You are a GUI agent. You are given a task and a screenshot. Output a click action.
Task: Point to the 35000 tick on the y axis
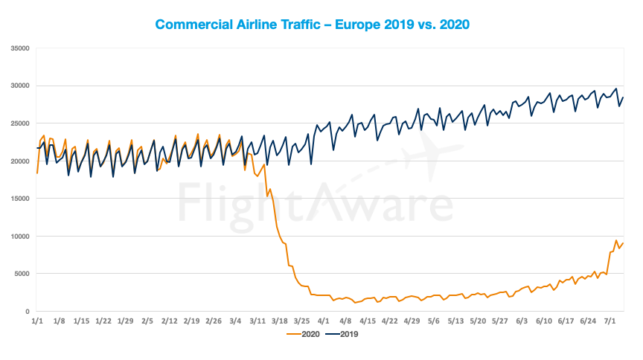point(20,48)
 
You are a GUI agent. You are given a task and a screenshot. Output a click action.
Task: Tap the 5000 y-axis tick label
point(22,274)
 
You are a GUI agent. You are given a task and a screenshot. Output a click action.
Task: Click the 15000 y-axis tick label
point(20,199)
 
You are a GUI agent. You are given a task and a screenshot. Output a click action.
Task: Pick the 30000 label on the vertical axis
point(20,86)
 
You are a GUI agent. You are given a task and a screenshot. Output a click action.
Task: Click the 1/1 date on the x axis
point(37,321)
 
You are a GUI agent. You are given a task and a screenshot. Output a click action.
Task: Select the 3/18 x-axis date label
point(279,321)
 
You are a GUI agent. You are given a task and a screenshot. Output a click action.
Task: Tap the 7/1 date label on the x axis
point(610,321)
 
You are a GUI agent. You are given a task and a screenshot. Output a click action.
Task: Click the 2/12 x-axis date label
point(169,321)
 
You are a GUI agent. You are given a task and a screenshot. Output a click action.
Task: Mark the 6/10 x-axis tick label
point(543,321)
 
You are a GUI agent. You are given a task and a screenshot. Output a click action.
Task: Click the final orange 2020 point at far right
point(623,243)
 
